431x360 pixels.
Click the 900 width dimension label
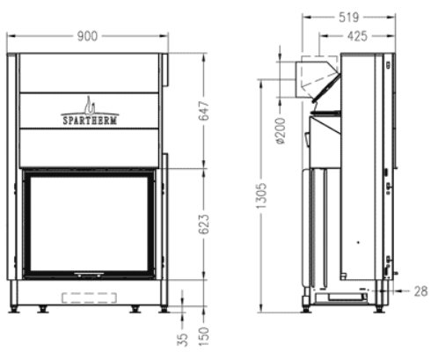tap(87, 36)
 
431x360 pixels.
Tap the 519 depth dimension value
tap(348, 18)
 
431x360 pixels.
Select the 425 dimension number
tap(357, 36)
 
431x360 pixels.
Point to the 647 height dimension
tap(204, 111)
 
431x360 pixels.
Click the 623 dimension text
tap(204, 224)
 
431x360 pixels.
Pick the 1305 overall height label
tap(261, 195)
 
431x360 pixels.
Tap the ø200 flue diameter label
tap(281, 131)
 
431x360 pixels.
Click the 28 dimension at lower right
tap(420, 291)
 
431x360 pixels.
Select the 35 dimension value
tap(183, 340)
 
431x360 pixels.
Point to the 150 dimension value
tap(204, 336)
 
